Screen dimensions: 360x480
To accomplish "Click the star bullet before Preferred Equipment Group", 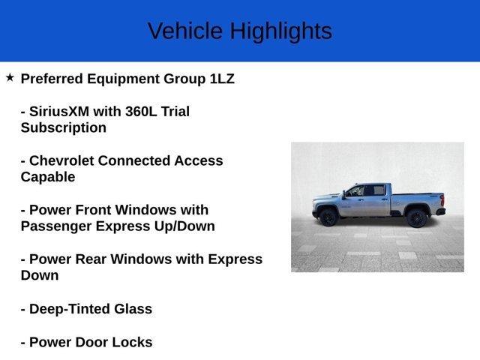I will (10, 77).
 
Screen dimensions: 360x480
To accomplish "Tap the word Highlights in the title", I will (280, 31).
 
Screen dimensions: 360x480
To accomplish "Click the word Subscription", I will (64, 127).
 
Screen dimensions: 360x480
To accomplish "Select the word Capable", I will (48, 177).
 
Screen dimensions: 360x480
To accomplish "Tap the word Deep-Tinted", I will (71, 309).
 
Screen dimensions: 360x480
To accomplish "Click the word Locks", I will (133, 343).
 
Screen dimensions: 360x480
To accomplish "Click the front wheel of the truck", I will (328, 217).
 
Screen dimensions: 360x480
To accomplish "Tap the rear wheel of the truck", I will (417, 217).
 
